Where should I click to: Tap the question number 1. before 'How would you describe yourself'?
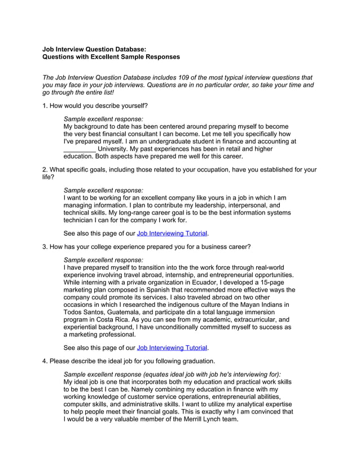click(x=45, y=105)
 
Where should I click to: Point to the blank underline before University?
click(x=80, y=149)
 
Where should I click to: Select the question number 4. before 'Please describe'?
click(x=45, y=361)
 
